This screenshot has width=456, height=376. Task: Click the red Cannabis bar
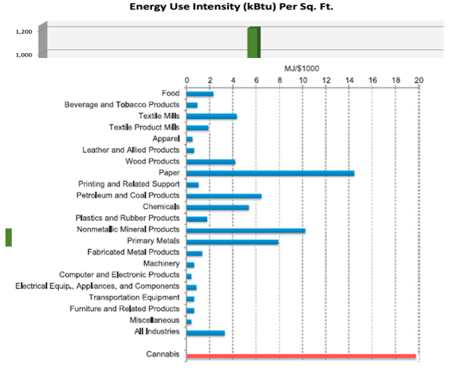click(x=301, y=356)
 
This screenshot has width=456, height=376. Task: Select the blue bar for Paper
click(x=270, y=173)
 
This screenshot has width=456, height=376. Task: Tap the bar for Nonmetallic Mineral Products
click(x=246, y=230)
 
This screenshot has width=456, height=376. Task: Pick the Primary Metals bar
click(x=233, y=242)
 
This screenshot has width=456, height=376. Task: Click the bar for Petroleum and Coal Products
click(x=224, y=196)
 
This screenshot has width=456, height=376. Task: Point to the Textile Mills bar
click(x=212, y=117)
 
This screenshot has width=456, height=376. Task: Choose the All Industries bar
click(x=205, y=333)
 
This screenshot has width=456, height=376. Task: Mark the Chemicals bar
click(x=218, y=208)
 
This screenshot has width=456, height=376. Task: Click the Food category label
click(x=171, y=93)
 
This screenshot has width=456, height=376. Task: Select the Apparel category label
click(x=166, y=139)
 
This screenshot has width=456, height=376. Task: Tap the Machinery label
click(x=161, y=263)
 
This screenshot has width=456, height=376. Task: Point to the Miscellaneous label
click(x=154, y=320)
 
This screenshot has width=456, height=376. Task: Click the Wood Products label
click(x=152, y=161)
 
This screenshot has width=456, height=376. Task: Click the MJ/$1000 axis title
click(x=302, y=69)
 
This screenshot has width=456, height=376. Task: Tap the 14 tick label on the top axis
click(x=349, y=80)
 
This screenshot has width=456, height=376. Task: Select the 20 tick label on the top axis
click(x=418, y=80)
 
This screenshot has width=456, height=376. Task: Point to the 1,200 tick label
click(x=24, y=31)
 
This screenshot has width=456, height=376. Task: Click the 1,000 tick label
click(x=24, y=55)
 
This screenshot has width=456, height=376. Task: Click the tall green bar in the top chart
click(x=254, y=42)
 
